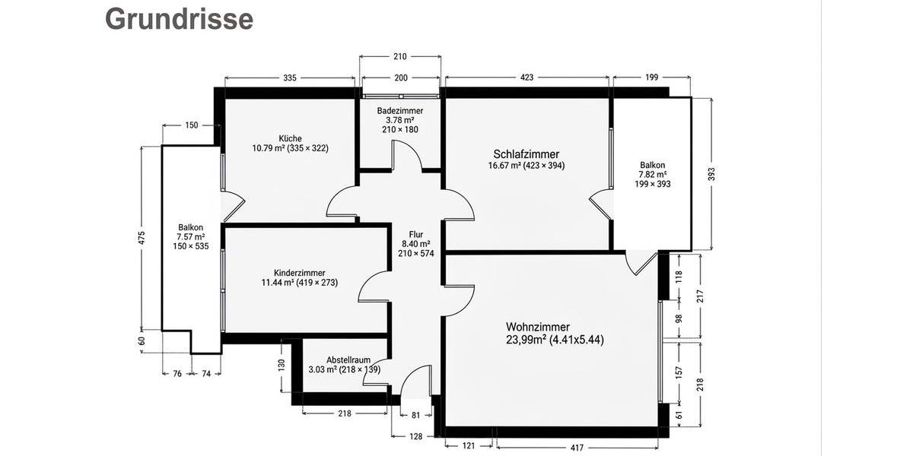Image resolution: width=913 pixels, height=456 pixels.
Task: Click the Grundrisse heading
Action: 179,19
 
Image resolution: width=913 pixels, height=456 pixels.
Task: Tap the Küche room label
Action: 290,138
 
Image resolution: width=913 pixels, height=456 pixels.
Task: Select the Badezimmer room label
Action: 400,110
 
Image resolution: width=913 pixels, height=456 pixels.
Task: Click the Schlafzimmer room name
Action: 526,154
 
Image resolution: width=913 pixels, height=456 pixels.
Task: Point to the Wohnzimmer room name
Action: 538,327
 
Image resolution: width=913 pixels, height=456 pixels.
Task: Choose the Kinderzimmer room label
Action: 300,272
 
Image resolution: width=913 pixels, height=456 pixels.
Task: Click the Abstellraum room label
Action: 348,359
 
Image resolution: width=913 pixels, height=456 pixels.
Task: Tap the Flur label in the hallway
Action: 415,234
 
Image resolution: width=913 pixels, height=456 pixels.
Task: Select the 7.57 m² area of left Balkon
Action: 191,236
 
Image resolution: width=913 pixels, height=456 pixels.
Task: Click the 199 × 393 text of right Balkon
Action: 652,183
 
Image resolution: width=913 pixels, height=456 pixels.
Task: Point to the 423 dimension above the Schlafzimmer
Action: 526,78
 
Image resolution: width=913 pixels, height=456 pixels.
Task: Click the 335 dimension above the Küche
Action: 289,78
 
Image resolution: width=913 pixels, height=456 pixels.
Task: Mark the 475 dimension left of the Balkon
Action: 142,236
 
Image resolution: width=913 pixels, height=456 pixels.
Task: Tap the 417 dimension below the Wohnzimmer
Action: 576,446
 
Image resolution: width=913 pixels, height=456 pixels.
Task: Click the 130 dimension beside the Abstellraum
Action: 282,365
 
